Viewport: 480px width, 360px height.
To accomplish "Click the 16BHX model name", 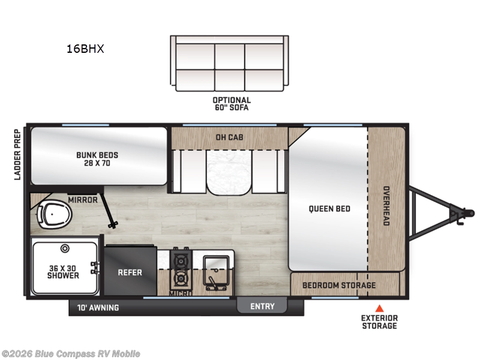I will point(85,49).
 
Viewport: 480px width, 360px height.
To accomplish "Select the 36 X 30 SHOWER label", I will point(64,271).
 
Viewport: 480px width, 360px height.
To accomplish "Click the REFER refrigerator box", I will point(130,272).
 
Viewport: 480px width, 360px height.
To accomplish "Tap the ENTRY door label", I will point(262,306).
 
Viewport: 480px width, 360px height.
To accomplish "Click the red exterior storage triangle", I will point(379,308).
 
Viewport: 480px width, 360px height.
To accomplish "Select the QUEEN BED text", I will point(329,209).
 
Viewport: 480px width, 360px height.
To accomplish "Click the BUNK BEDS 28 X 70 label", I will point(97,159).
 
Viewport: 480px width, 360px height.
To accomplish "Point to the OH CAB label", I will point(229,136).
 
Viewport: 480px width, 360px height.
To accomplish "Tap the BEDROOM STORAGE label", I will point(339,285).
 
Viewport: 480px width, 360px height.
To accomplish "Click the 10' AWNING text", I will point(98,308).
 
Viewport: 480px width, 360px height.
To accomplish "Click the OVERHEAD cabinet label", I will point(386,205).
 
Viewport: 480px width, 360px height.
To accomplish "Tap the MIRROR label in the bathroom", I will point(83,200).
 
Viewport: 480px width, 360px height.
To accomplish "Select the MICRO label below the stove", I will point(180,293).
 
